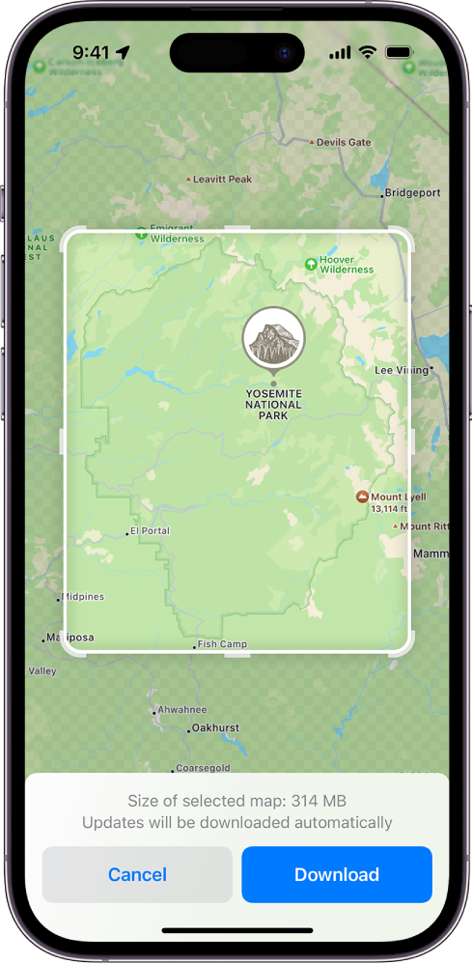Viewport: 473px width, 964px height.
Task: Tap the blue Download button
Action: tap(336, 874)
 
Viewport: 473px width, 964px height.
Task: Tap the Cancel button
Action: tap(137, 874)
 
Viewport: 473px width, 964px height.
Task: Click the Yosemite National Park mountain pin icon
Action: tap(273, 339)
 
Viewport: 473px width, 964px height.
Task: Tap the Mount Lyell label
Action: tap(398, 497)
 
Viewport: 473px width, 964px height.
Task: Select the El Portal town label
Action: tap(150, 531)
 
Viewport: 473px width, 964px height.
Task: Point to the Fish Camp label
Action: tap(222, 644)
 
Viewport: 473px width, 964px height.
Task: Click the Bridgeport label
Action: tap(412, 193)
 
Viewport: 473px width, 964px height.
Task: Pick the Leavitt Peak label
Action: tap(222, 180)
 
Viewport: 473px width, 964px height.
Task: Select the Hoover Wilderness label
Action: tap(347, 265)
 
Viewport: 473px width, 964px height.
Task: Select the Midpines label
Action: tap(82, 597)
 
